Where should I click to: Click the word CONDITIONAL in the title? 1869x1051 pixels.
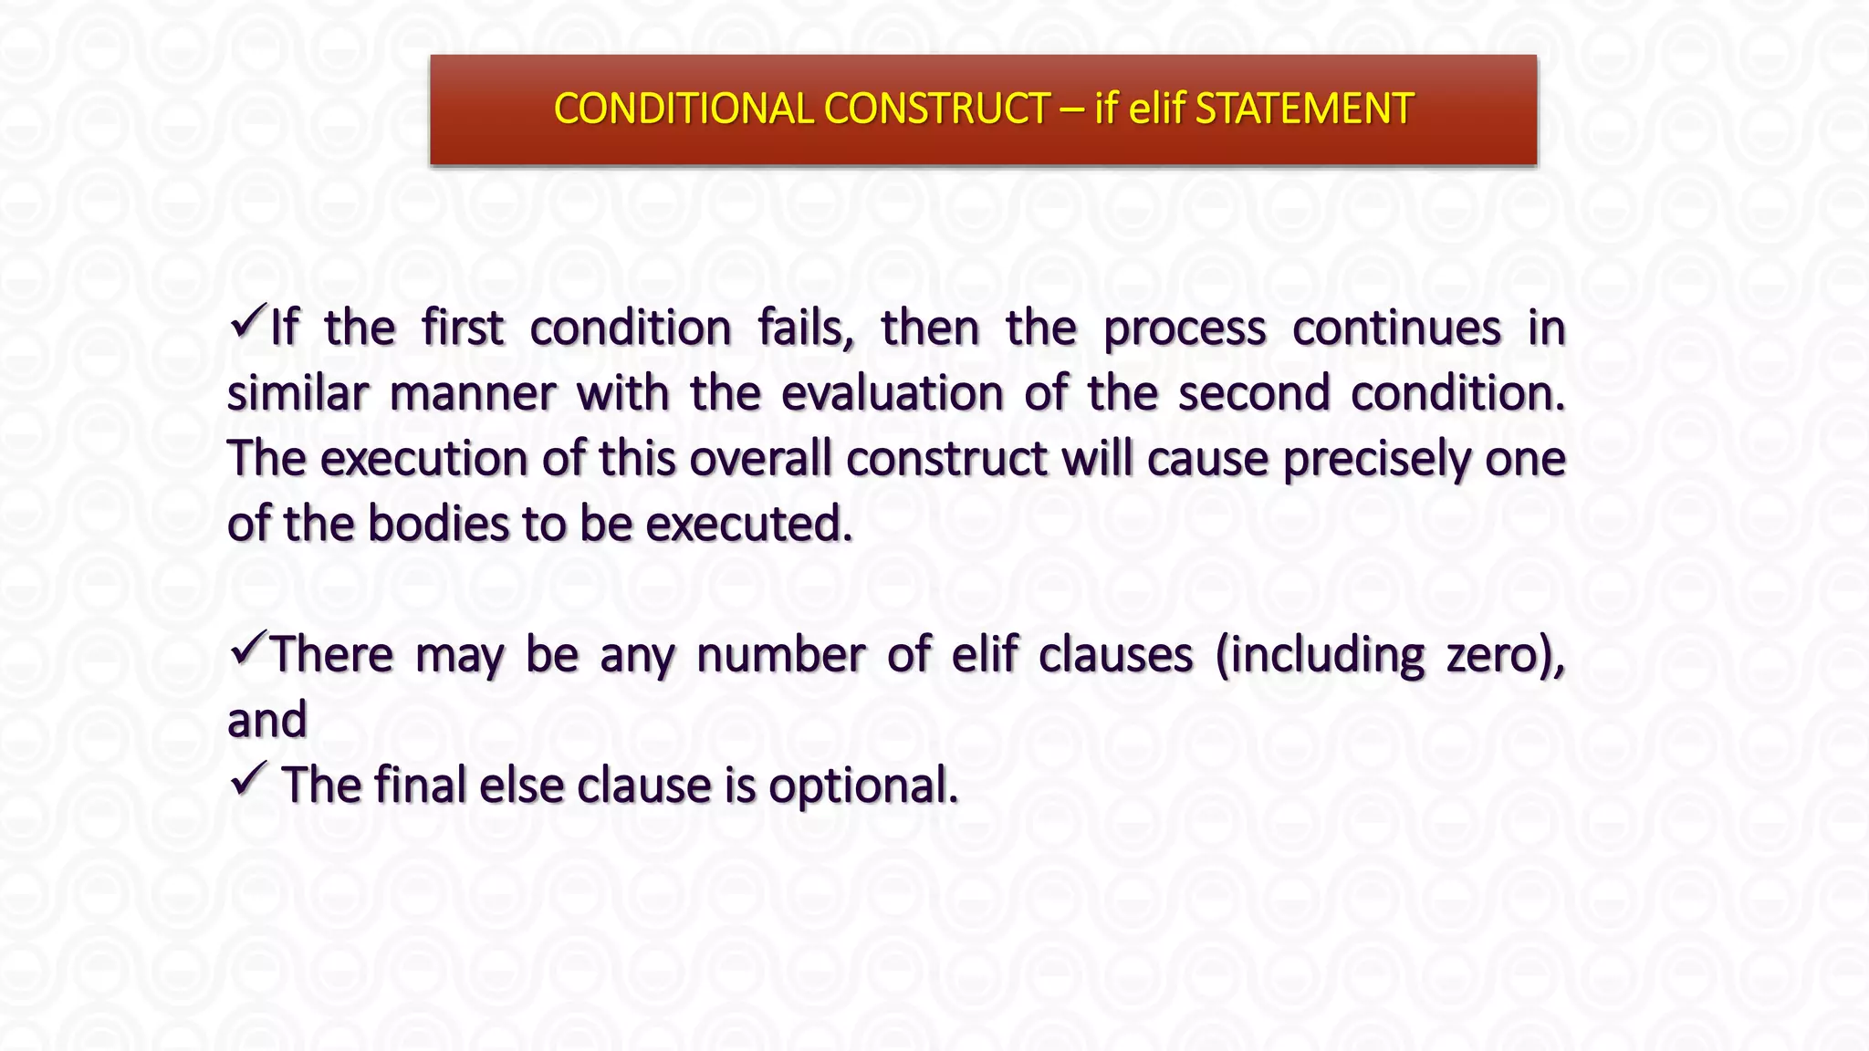click(x=683, y=109)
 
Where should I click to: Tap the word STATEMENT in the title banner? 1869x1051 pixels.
click(x=1304, y=109)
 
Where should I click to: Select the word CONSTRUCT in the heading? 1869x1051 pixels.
click(x=936, y=109)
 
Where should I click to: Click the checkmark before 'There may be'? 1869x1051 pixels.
click(x=247, y=649)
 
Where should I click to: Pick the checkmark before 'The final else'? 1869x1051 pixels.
click(x=247, y=779)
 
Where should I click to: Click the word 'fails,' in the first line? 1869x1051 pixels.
click(x=806, y=328)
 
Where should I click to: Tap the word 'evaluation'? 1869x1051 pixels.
click(x=892, y=393)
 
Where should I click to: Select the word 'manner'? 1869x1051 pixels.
click(x=472, y=393)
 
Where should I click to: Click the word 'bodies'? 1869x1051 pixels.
click(x=437, y=524)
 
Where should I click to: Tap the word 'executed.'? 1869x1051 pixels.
click(x=748, y=524)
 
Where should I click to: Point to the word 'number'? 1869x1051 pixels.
click(x=780, y=655)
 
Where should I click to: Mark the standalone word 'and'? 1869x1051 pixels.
click(x=266, y=720)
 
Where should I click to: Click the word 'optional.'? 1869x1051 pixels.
click(x=862, y=786)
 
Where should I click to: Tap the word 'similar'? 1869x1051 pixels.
click(x=297, y=393)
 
